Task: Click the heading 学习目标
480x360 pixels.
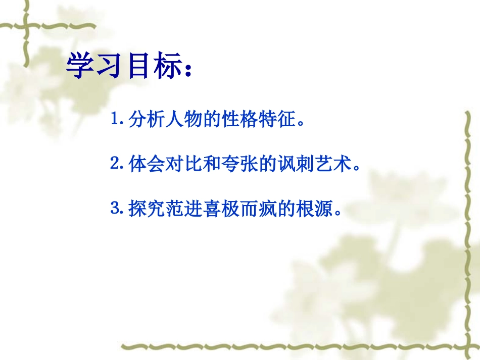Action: pyautogui.click(x=124, y=67)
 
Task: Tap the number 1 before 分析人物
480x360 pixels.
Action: pyautogui.click(x=114, y=121)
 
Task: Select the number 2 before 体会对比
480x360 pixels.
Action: pyautogui.click(x=114, y=165)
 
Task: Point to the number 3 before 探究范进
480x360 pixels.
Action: pyautogui.click(x=114, y=208)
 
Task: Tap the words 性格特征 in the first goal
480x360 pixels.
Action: pyautogui.click(x=253, y=121)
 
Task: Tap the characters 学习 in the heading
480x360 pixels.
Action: pyautogui.click(x=96, y=67)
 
